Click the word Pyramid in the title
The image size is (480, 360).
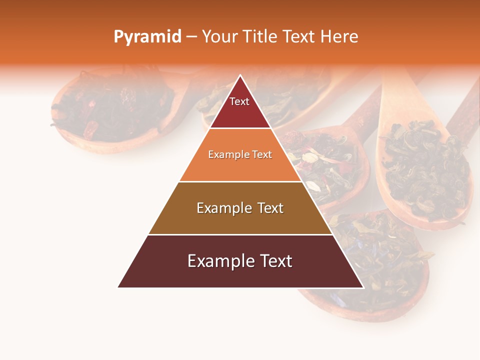(147, 37)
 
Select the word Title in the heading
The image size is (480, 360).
(260, 37)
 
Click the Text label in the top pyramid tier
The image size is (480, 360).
(239, 101)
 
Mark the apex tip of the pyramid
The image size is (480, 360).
(240, 75)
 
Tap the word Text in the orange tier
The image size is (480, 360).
(262, 154)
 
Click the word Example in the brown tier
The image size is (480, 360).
(222, 208)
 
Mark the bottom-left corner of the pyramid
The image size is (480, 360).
(118, 287)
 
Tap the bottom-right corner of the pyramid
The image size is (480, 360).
(363, 287)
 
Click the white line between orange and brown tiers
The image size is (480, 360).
(240, 181)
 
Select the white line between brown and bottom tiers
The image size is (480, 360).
(240, 234)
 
